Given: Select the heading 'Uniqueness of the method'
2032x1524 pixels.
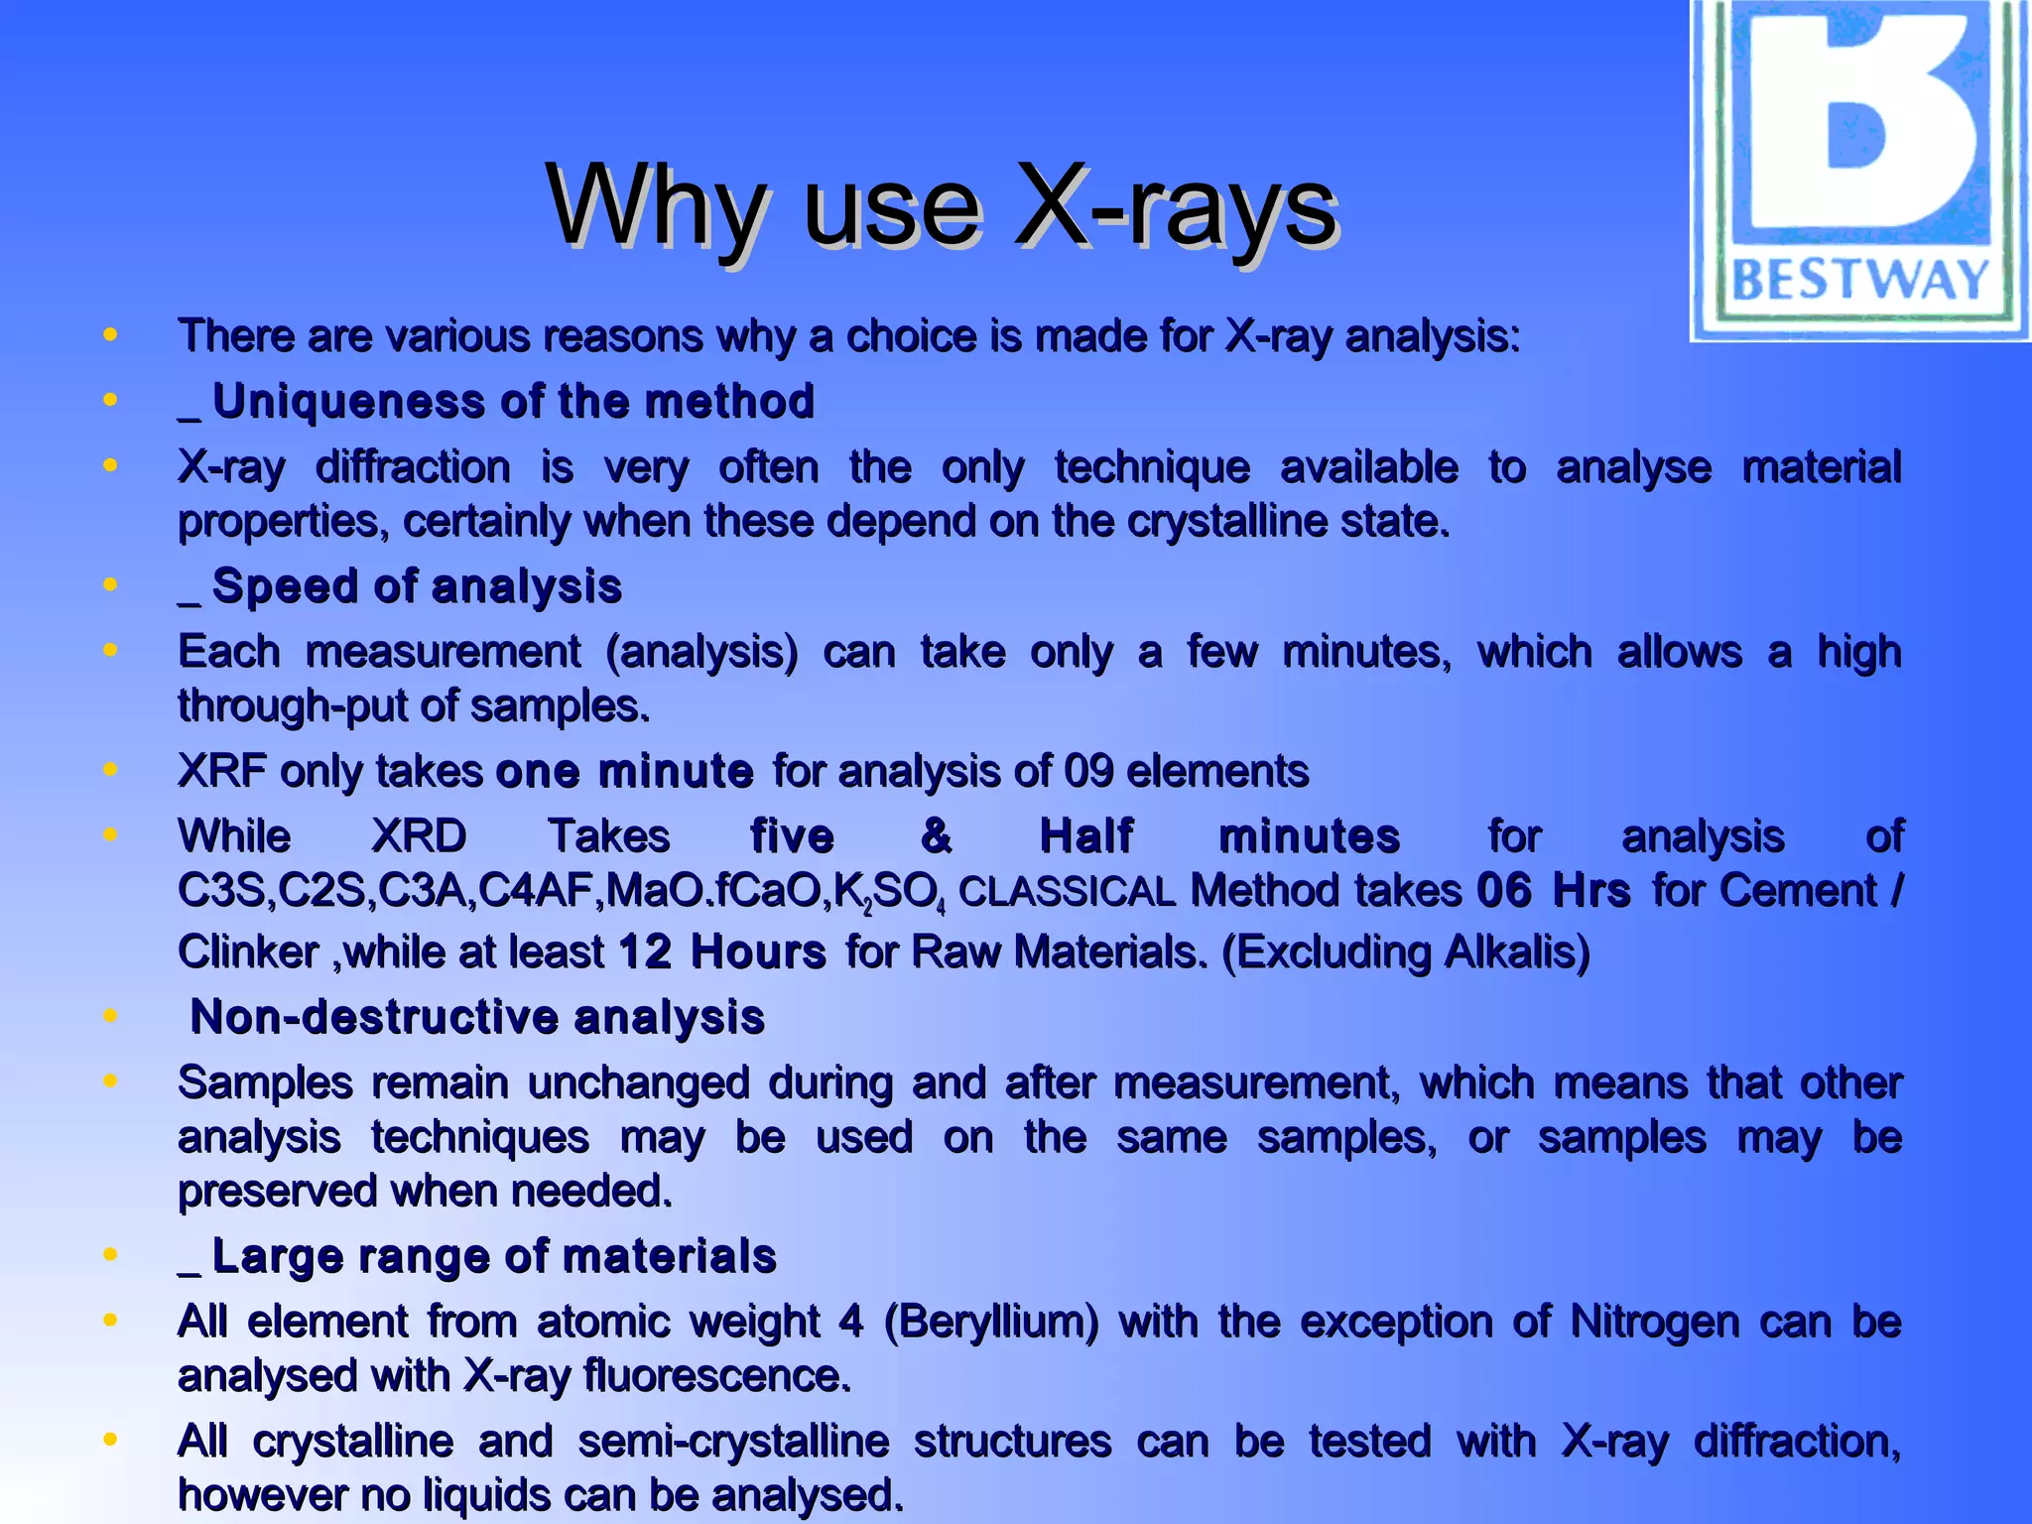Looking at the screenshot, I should click(513, 402).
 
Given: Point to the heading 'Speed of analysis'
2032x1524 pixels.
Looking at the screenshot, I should click(417, 586).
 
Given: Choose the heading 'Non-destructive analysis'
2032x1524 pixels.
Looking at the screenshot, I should click(477, 1017).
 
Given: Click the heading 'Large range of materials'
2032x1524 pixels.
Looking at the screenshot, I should click(493, 1256).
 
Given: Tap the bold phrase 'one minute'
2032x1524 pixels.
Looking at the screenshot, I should click(624, 771).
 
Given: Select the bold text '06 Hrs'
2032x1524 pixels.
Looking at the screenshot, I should click(1553, 890).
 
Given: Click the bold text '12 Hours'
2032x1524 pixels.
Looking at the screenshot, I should click(721, 952).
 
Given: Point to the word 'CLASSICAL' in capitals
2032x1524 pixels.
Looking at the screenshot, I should click(1067, 892).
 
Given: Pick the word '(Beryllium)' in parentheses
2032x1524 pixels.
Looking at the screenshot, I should click(991, 1322).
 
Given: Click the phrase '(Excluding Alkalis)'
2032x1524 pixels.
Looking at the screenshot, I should click(1405, 952).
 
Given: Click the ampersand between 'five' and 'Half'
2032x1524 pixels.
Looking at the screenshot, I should click(936, 835).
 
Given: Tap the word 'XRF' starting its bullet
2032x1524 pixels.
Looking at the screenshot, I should click(222, 771).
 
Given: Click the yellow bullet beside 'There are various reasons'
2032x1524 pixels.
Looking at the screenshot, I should click(110, 334).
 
